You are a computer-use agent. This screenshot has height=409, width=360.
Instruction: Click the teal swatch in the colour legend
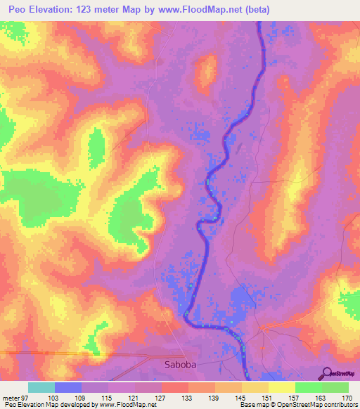(x=41, y=387)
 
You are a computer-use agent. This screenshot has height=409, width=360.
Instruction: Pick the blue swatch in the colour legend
(x=67, y=387)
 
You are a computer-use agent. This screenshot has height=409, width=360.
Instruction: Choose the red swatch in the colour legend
(x=175, y=387)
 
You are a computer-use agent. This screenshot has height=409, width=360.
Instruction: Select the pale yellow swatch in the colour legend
(x=282, y=387)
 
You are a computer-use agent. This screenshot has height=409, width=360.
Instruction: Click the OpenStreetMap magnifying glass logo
(x=326, y=373)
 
